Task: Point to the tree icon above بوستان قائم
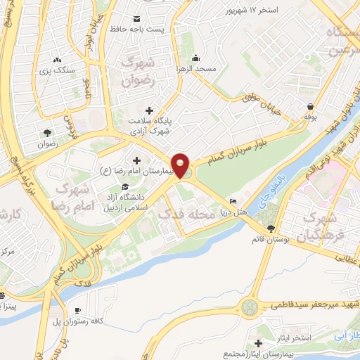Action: point(271,228)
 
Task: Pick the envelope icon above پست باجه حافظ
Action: point(136,18)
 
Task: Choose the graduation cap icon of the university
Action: point(125,186)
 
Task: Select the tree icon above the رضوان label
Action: point(47,132)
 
